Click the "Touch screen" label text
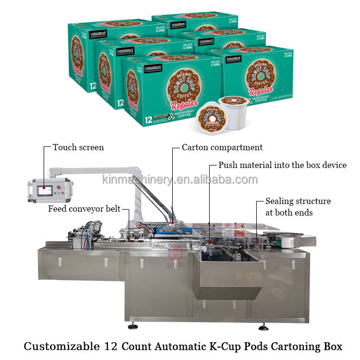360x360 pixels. [78, 147]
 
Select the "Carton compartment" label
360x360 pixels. [222, 147]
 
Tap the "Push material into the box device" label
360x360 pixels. [282, 165]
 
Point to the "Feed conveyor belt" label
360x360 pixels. [84, 209]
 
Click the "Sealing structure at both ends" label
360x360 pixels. [298, 207]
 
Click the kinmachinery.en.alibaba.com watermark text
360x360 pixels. [180, 180]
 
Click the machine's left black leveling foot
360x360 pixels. [132, 326]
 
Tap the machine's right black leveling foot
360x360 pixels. [263, 327]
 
